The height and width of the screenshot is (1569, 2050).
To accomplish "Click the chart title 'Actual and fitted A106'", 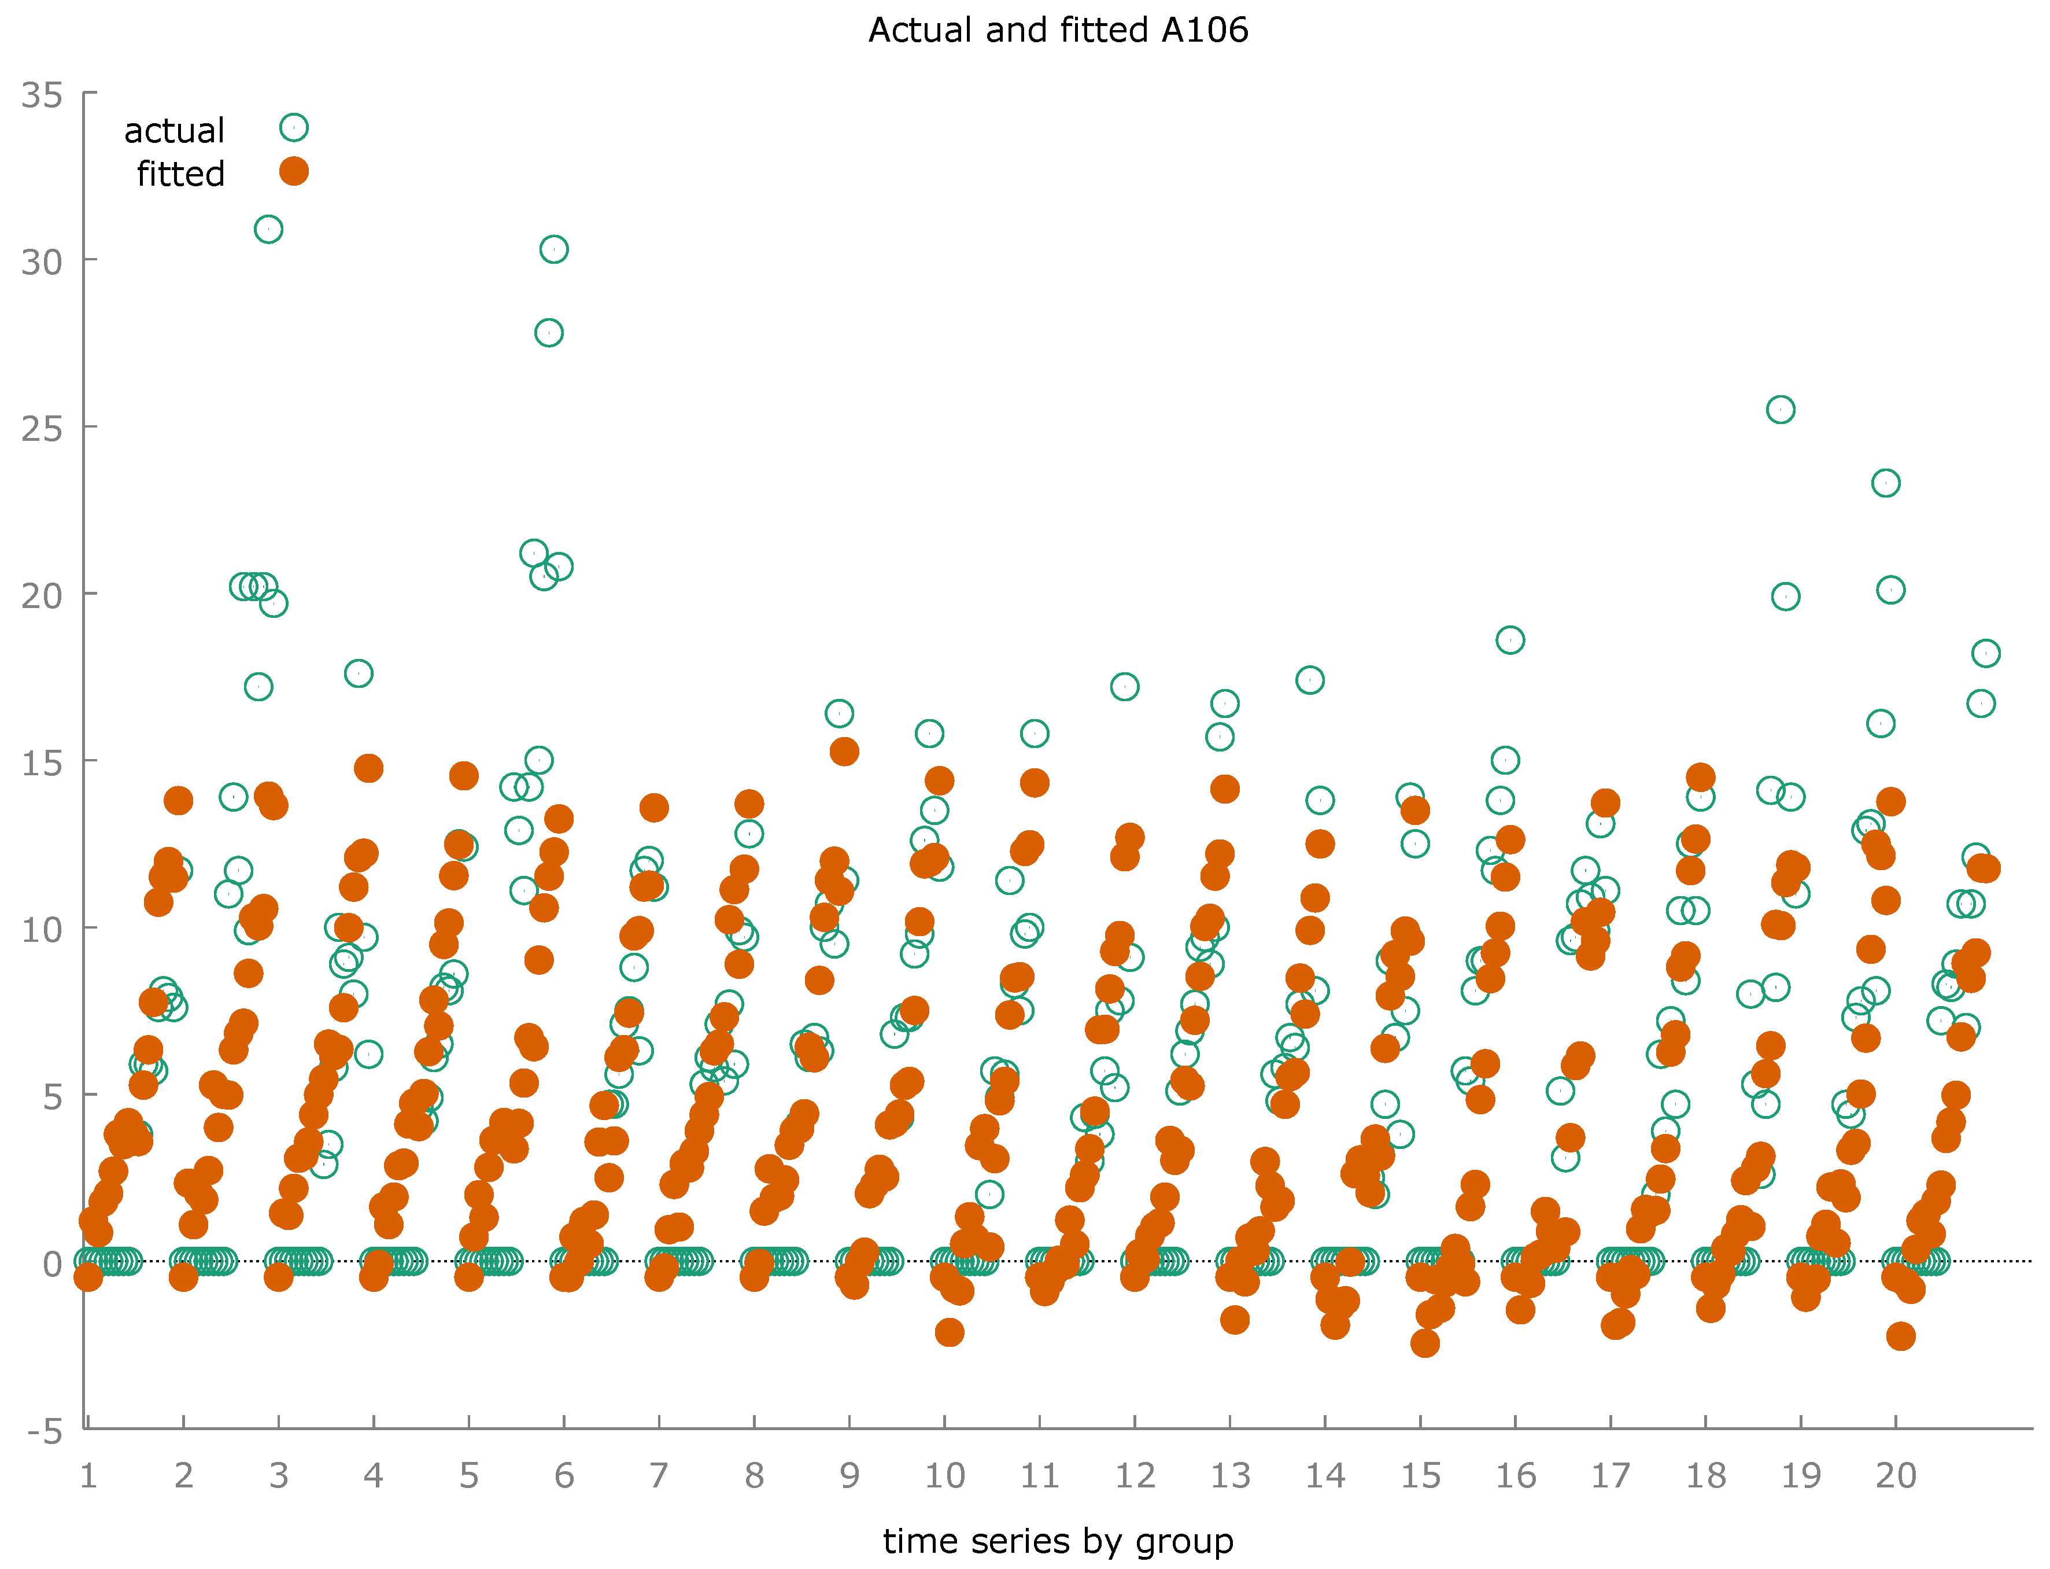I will click(x=1058, y=31).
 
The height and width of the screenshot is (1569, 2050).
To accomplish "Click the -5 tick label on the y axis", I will click(x=42, y=1432).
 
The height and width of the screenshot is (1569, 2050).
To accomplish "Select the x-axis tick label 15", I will click(x=1420, y=1476).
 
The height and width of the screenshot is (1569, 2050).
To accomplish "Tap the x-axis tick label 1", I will click(x=88, y=1476).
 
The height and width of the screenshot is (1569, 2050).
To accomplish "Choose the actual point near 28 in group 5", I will click(x=549, y=333).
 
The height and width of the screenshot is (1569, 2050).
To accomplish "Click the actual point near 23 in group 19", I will click(x=1886, y=483).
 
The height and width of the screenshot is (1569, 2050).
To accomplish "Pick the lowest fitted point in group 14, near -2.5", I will click(x=1424, y=1343).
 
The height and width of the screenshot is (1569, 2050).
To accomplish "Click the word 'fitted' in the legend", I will click(x=180, y=174).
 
